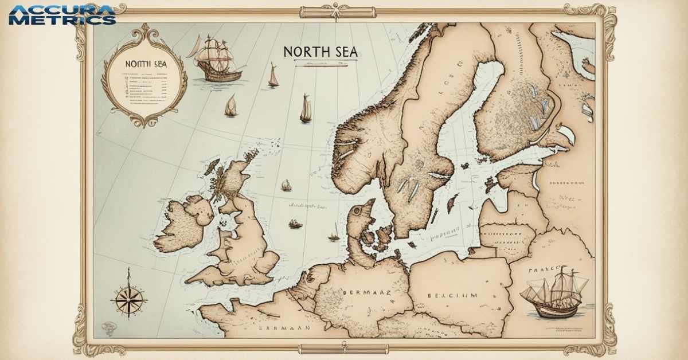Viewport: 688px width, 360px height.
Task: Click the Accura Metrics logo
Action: click(62, 15)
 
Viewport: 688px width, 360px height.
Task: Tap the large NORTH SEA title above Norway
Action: click(320, 52)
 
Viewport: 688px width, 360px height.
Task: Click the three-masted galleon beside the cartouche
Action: click(217, 58)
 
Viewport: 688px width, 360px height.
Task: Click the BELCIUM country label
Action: click(452, 295)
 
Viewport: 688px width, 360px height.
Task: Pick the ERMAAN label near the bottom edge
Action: click(284, 328)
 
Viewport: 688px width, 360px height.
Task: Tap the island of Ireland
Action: click(182, 224)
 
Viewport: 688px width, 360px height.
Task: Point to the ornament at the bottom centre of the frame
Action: click(343, 347)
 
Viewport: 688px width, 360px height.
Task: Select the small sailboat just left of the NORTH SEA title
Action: click(273, 76)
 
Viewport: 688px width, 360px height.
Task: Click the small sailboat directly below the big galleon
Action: click(231, 106)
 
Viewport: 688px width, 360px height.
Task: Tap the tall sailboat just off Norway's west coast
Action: click(306, 109)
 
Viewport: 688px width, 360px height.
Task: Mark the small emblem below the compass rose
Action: click(108, 328)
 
